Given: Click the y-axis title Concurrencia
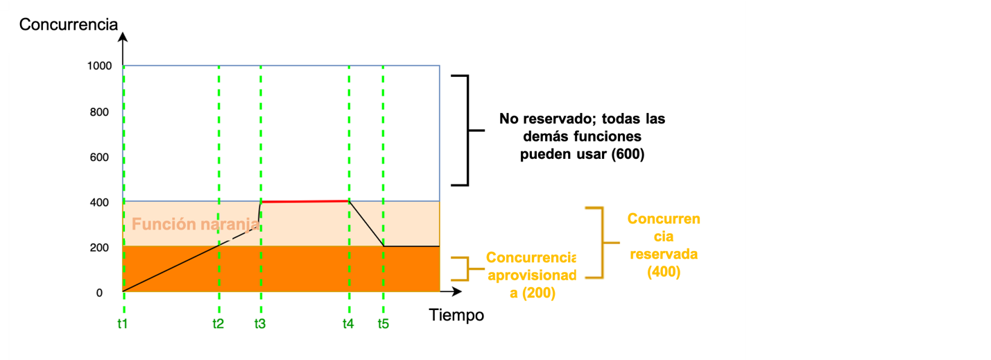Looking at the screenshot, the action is tap(69, 25).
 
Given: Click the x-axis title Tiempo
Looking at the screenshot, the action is tap(456, 315).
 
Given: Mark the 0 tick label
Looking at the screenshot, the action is tap(99, 293).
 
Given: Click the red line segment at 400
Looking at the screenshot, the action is tap(305, 201).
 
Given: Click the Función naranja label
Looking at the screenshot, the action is tap(191, 224).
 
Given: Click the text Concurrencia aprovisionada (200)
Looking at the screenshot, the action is tap(531, 275).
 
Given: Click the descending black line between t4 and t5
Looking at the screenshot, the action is tap(366, 223).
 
